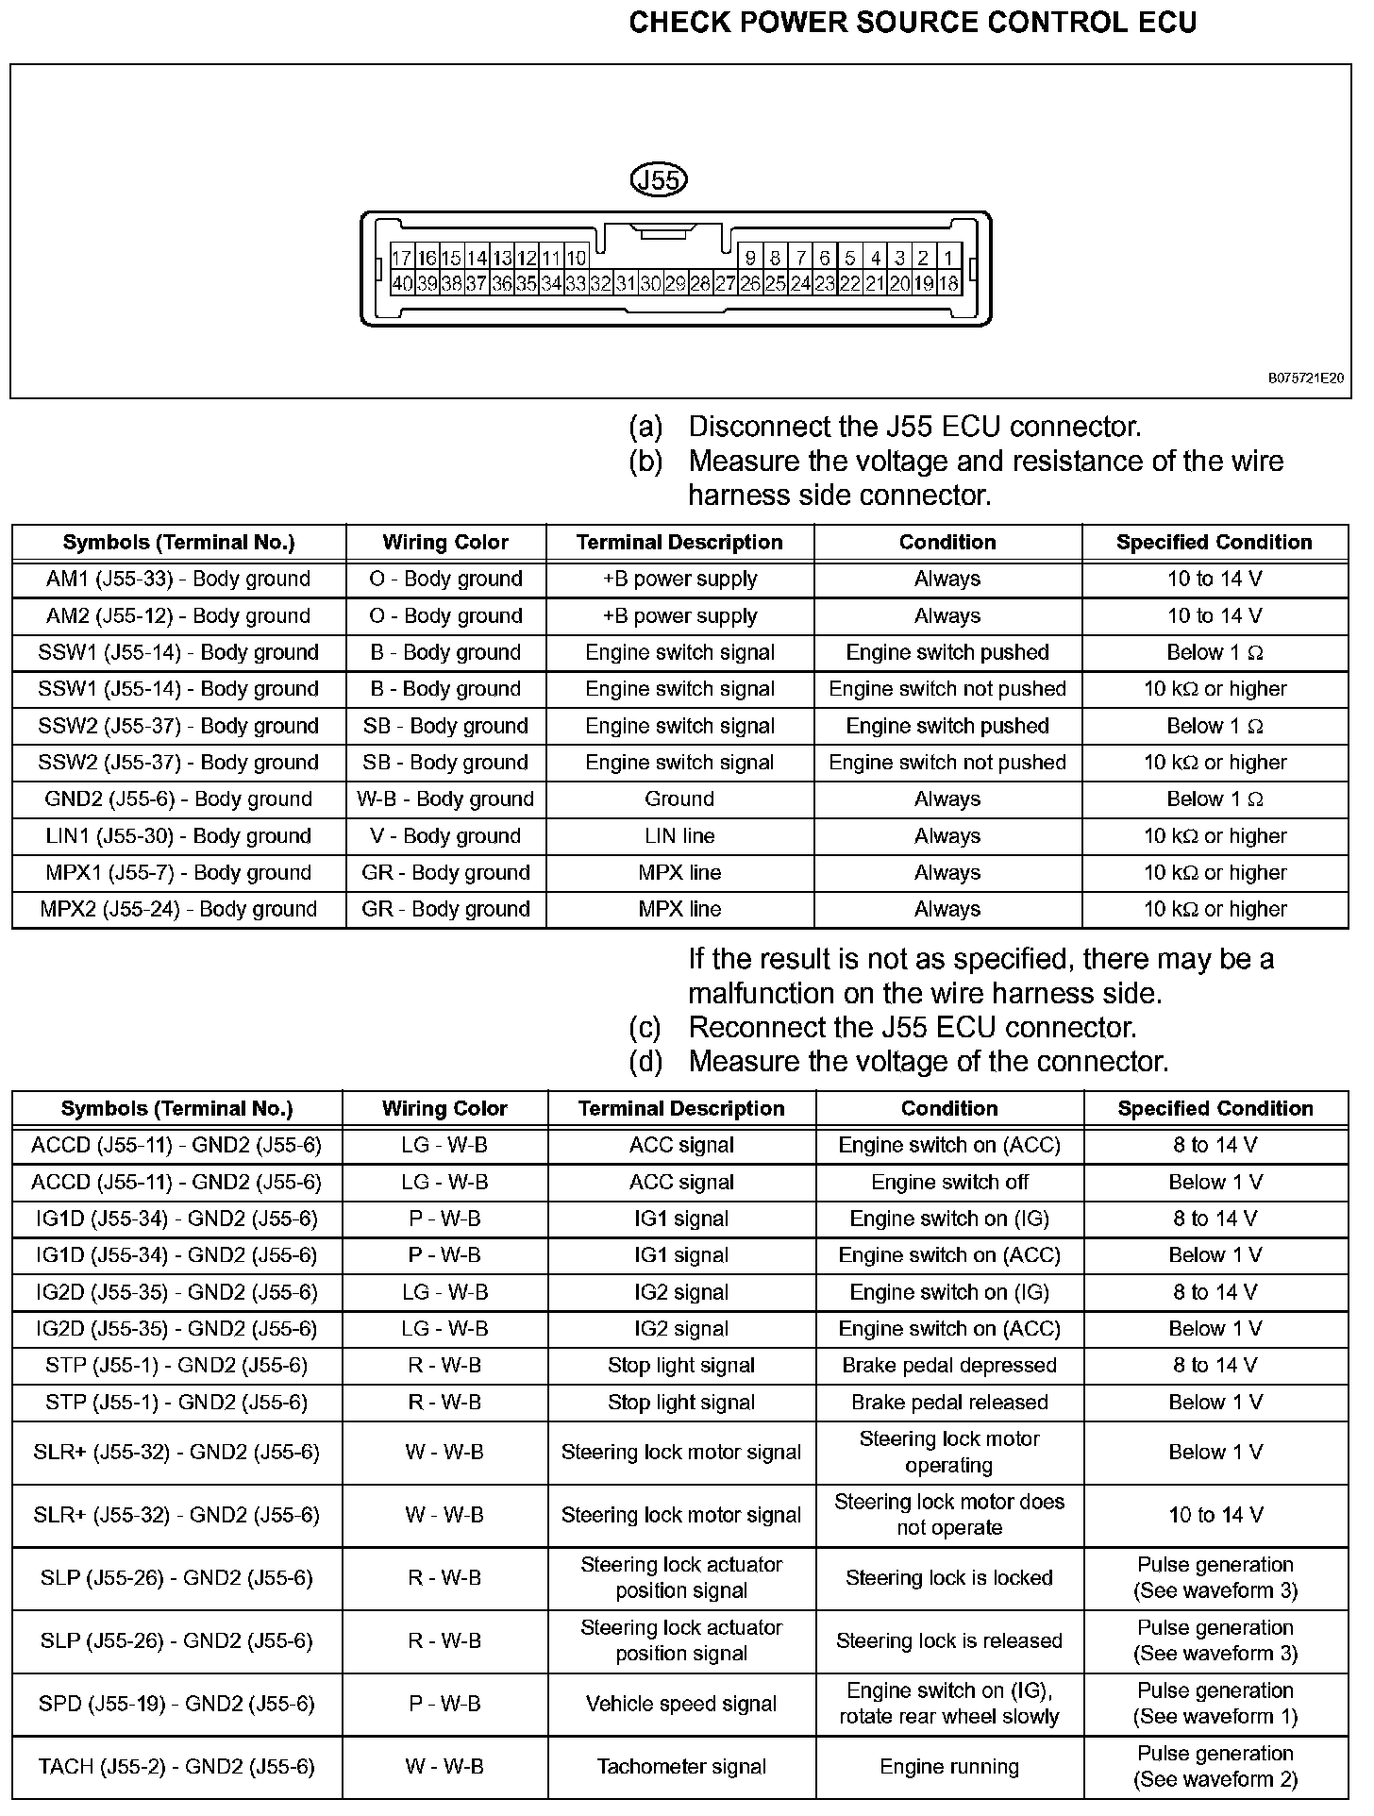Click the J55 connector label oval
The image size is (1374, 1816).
[x=658, y=179]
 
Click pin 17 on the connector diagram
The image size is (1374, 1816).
[x=402, y=258]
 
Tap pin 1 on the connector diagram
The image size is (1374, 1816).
[x=948, y=258]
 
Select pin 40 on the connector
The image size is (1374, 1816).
[x=402, y=283]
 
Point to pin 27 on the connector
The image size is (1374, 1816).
[x=725, y=283]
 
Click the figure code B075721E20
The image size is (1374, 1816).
[x=1305, y=378]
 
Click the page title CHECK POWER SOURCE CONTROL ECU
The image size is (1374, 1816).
[x=913, y=23]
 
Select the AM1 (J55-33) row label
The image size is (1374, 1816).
[x=178, y=579]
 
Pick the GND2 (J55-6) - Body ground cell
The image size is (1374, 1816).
[x=178, y=799]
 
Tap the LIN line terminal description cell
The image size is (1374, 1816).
[x=679, y=836]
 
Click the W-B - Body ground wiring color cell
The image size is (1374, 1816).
[x=445, y=799]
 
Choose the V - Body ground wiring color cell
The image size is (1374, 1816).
[x=445, y=836]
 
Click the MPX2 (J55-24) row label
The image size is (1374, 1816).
[x=178, y=910]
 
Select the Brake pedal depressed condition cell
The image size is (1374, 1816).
[x=949, y=1366]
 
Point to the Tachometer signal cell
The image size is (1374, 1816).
[x=681, y=1766]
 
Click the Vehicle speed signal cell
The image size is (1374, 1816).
[x=681, y=1704]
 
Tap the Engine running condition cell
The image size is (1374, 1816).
[x=949, y=1766]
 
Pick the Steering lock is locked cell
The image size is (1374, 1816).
[x=949, y=1578]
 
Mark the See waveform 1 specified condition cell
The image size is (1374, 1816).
[x=1215, y=1704]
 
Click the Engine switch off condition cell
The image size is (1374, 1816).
[x=949, y=1183]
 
